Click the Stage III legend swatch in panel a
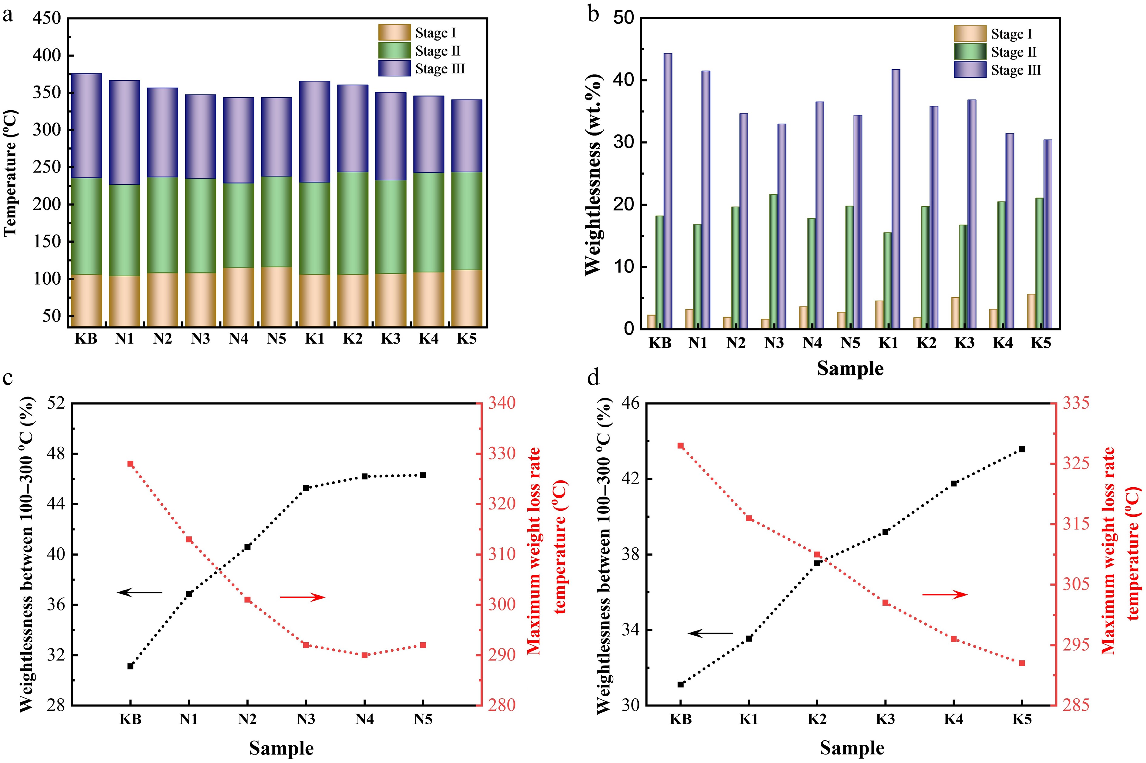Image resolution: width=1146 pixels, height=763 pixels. (x=394, y=69)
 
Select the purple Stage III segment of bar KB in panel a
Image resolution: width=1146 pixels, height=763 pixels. (x=86, y=126)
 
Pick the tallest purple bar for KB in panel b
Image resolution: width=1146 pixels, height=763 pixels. (x=668, y=190)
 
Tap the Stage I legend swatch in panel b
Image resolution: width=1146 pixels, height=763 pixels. (x=970, y=34)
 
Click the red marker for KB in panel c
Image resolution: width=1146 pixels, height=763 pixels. (x=130, y=464)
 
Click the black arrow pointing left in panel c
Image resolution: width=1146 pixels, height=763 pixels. (x=139, y=592)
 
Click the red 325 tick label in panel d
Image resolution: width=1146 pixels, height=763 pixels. (x=1075, y=463)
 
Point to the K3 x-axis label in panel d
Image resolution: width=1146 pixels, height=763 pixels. (x=885, y=719)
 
